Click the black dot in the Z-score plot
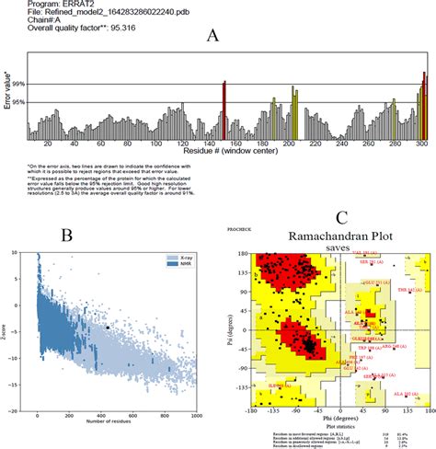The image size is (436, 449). pos(109,327)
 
